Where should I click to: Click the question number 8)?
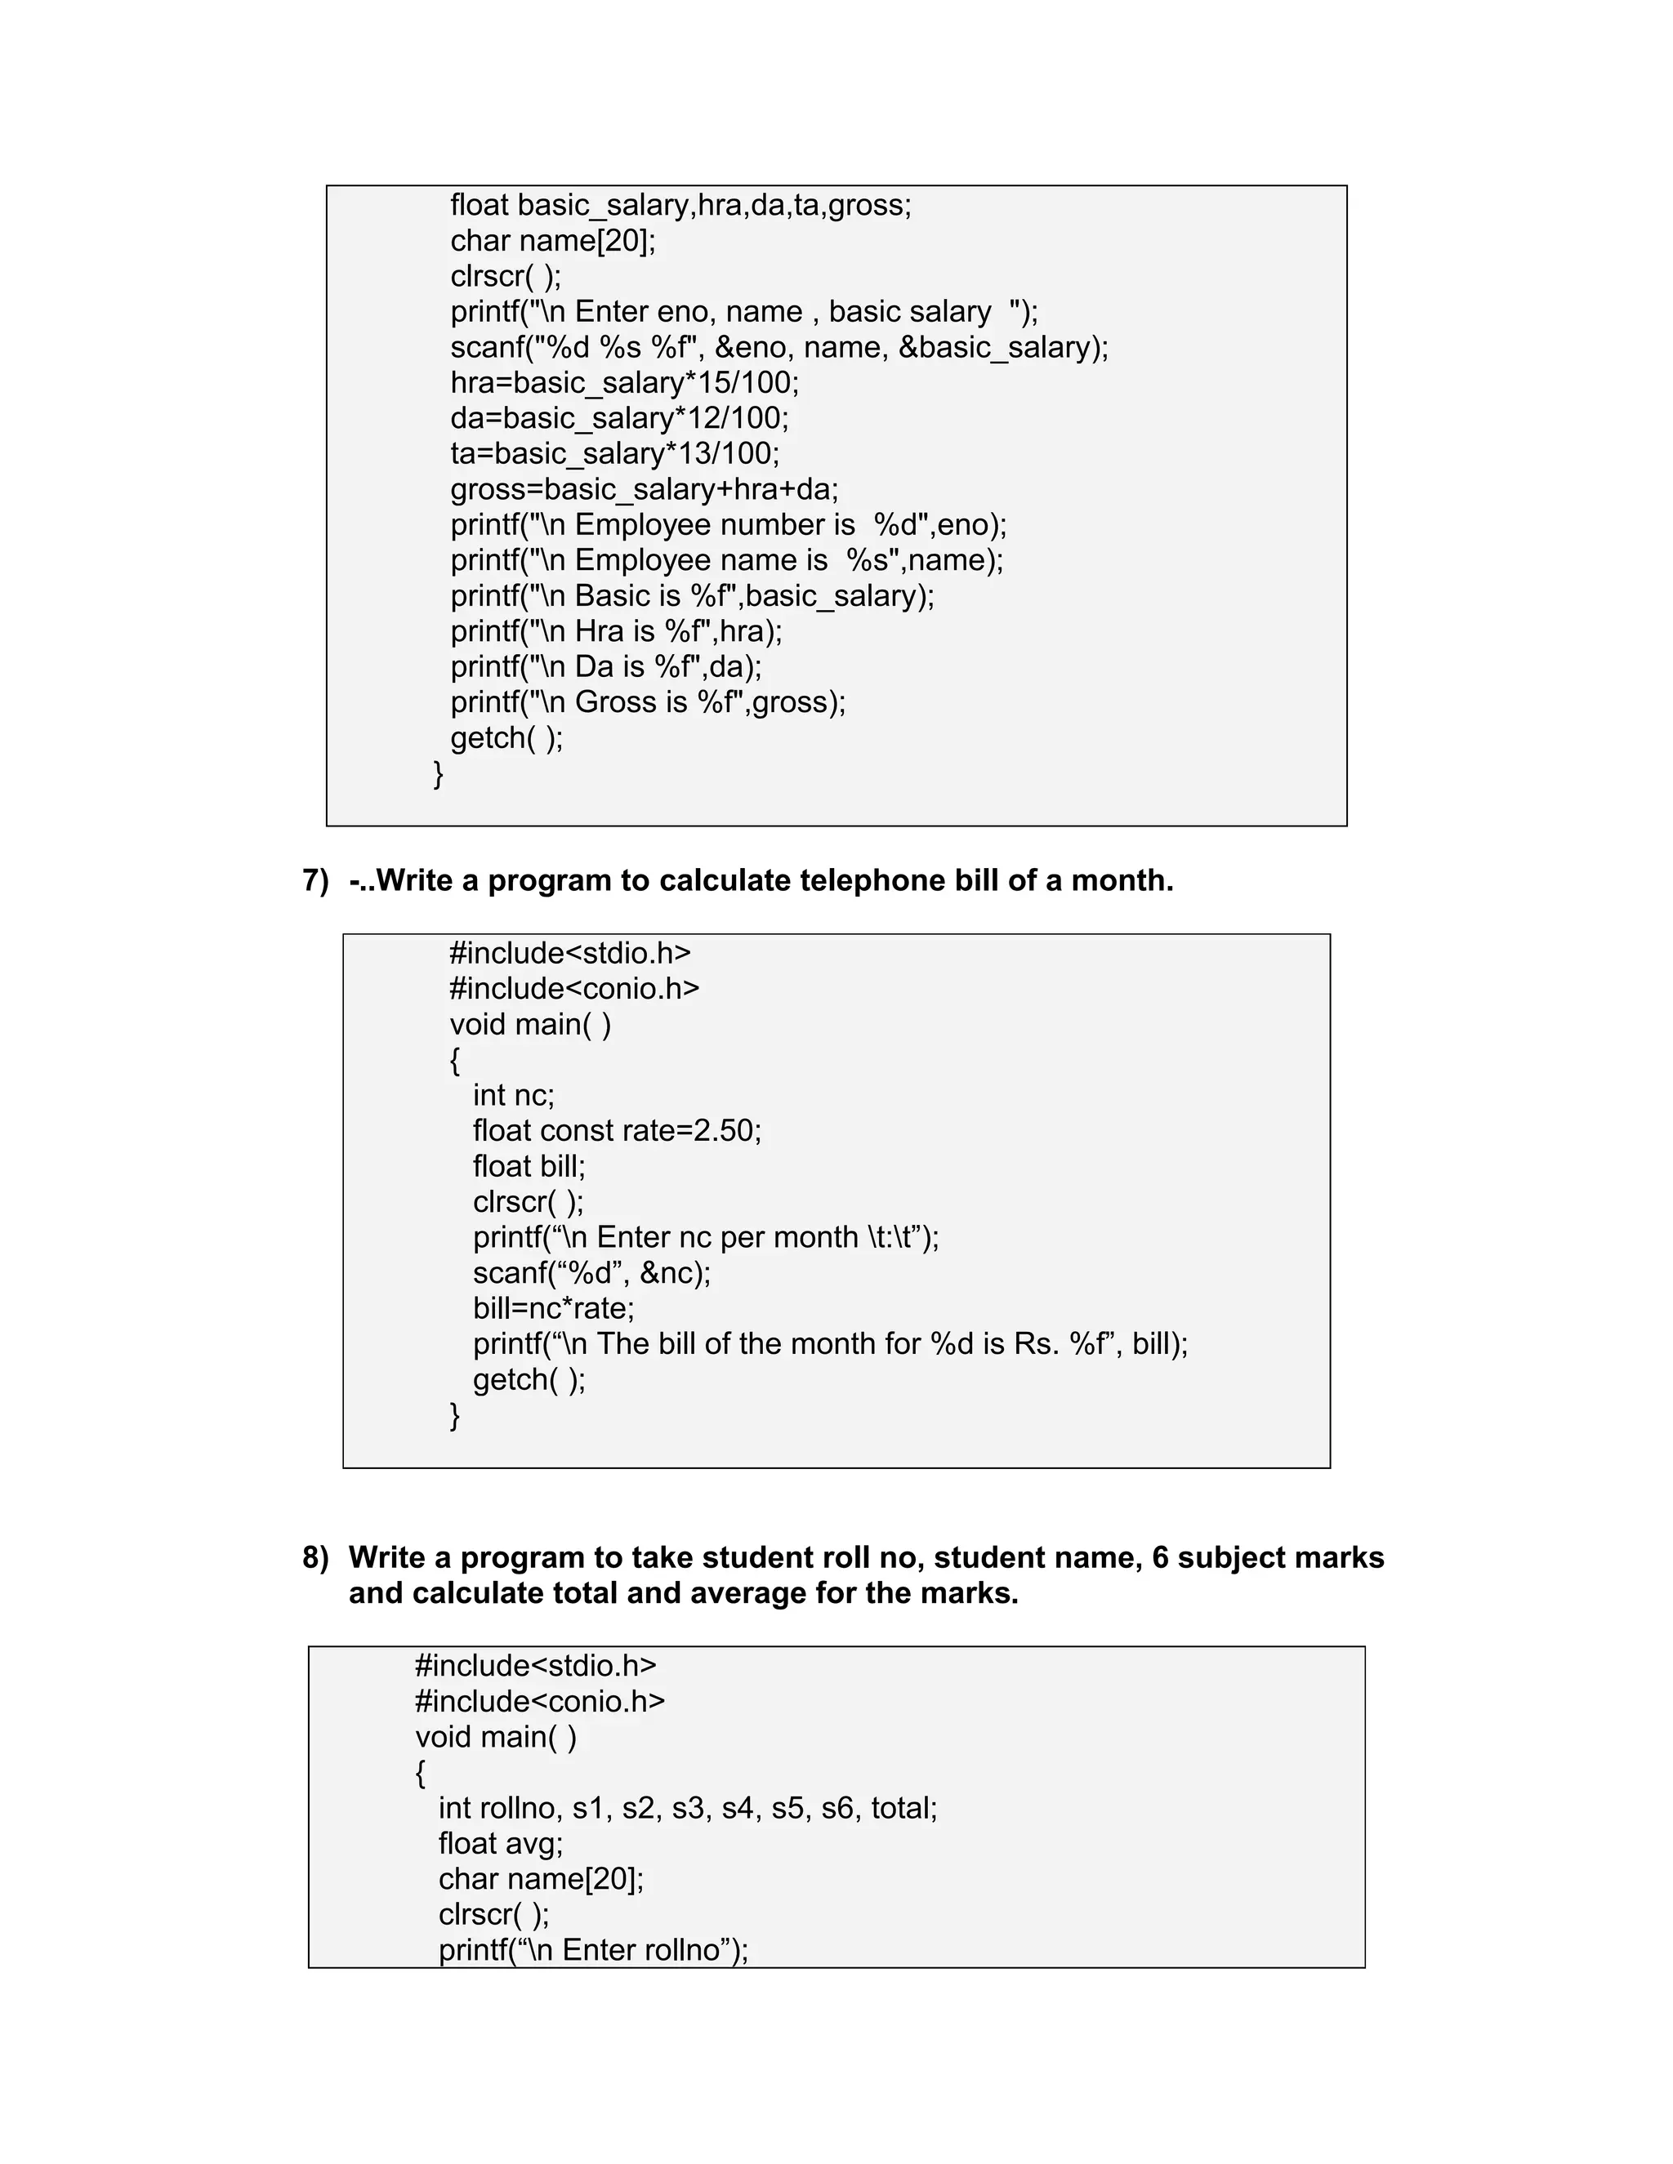[x=315, y=1557]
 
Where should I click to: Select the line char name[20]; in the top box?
[x=552, y=241]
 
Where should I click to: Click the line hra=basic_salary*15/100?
[x=624, y=382]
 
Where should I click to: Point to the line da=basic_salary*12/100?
[x=619, y=418]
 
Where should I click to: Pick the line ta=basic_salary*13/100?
[x=614, y=454]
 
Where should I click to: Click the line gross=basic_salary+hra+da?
[x=645, y=489]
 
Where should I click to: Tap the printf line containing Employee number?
[x=728, y=524]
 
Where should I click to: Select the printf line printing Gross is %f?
[x=647, y=701]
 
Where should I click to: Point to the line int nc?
[x=513, y=1095]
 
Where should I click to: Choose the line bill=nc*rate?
[x=553, y=1308]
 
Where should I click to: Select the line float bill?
[x=529, y=1166]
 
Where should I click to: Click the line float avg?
[x=501, y=1844]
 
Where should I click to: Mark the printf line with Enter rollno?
[x=593, y=1950]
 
